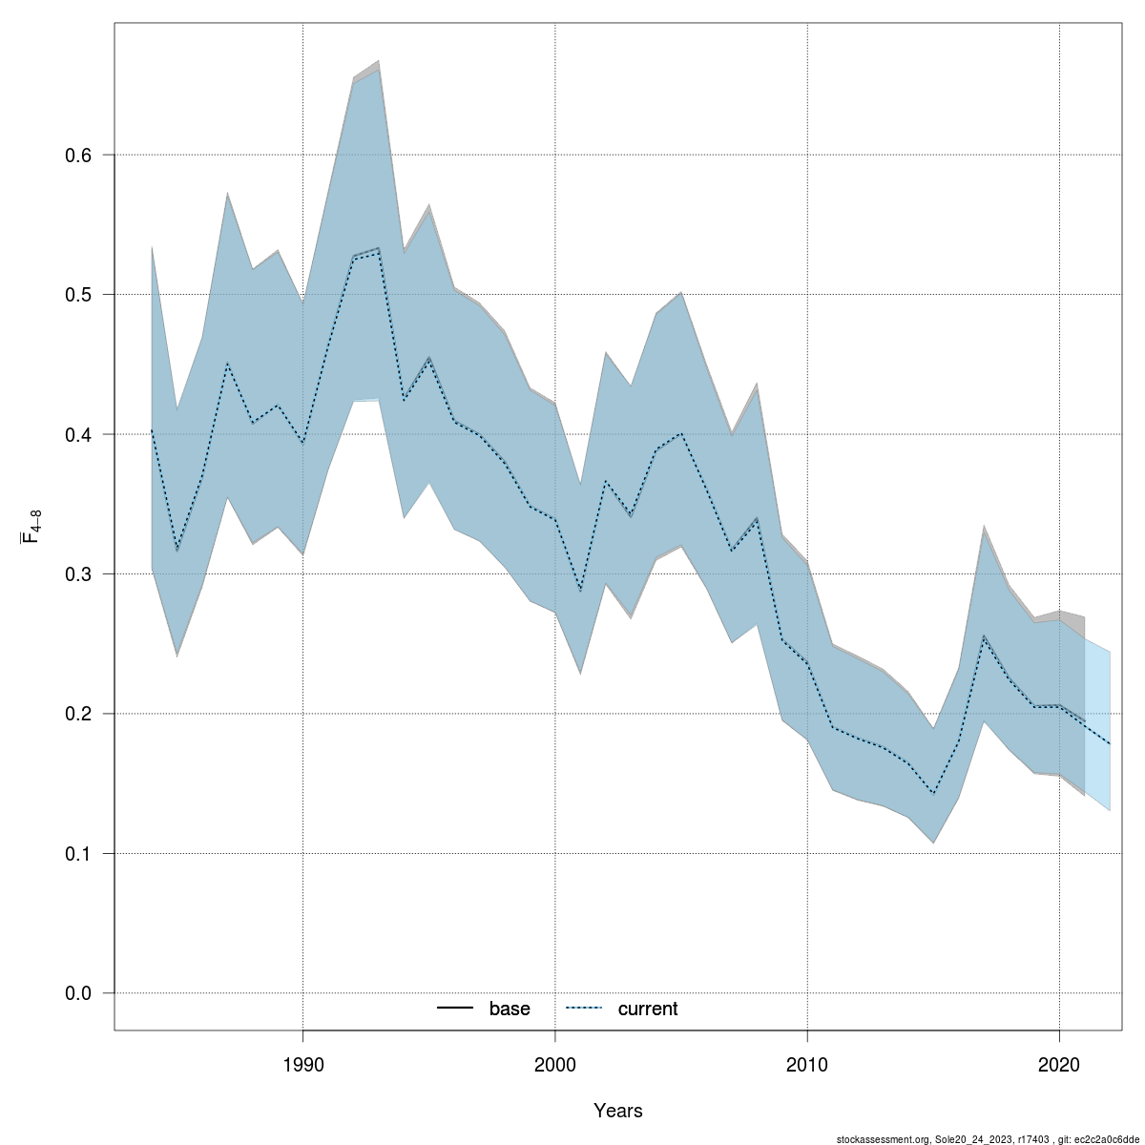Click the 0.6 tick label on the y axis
78,155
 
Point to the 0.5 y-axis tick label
78,295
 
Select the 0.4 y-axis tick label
78,434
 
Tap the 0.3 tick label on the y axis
78,574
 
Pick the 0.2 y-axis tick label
78,714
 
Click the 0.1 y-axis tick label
78,854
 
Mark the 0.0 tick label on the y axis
78,993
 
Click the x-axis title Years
618,1111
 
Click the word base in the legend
510,1010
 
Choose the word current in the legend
648,1010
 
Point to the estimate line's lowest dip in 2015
933,794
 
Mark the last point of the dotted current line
1110,743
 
